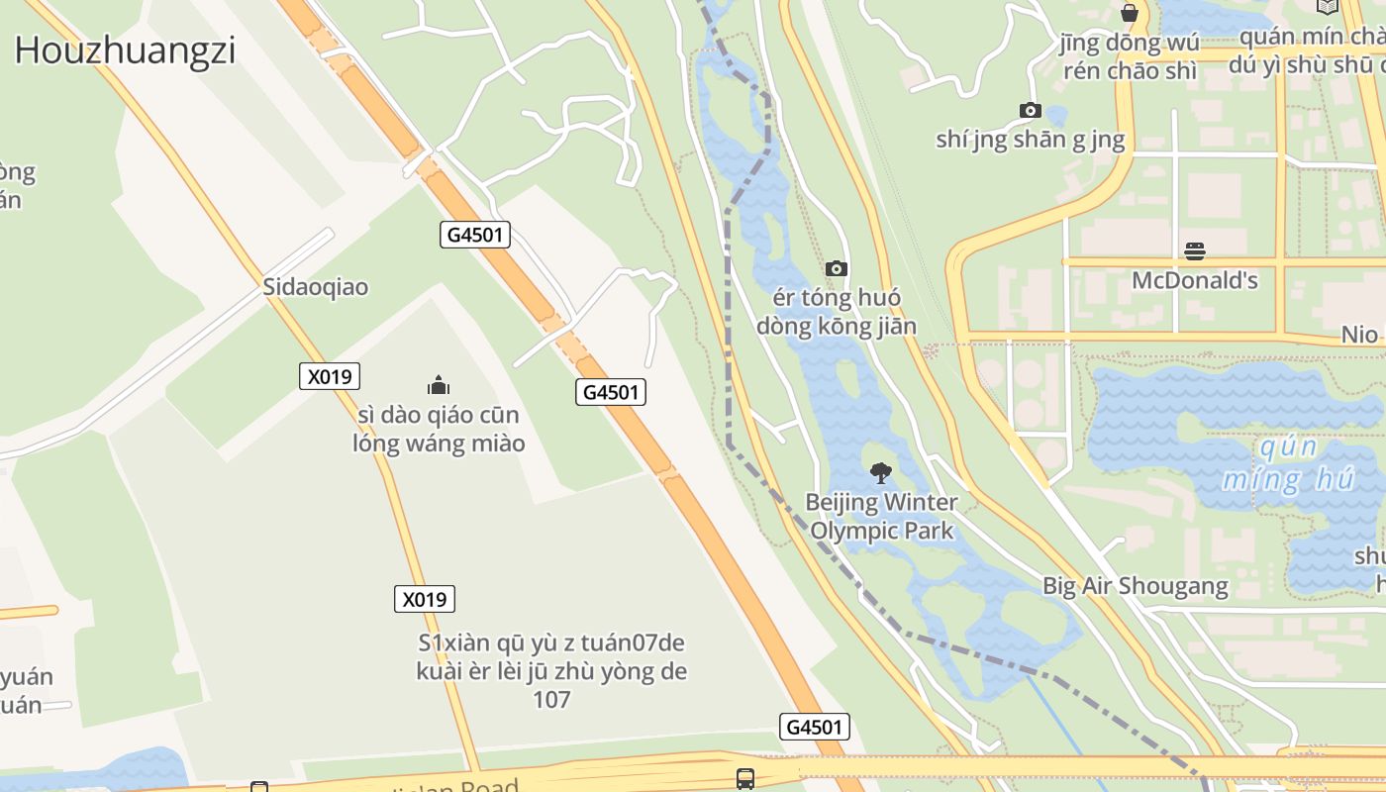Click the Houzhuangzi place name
125,49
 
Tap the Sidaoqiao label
315,287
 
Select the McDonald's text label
1194,280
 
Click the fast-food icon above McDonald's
1194,250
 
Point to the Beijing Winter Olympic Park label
881,516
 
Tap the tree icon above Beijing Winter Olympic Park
879,473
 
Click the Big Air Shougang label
1135,585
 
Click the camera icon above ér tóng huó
837,268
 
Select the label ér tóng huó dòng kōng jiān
837,312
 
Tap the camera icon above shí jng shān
1030,110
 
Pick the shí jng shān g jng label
1030,140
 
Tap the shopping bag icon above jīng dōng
1129,14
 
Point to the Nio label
1359,334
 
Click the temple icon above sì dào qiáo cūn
438,385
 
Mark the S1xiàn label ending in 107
551,671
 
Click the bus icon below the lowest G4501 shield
745,778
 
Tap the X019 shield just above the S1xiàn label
424,599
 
